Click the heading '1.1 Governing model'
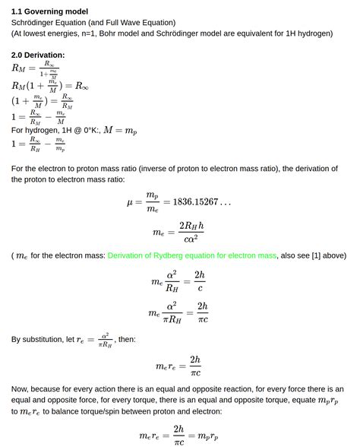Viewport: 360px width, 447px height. click(x=49, y=11)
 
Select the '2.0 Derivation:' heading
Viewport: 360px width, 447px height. click(x=38, y=55)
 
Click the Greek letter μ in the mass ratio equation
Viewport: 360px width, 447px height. click(x=130, y=202)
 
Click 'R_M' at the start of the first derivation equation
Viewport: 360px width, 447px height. click(x=19, y=68)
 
